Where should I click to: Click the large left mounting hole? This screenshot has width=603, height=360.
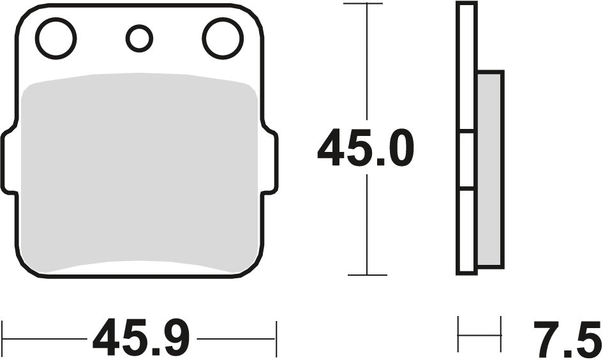56,38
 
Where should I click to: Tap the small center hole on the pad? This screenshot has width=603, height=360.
139,38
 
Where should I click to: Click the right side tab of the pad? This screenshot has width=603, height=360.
270,160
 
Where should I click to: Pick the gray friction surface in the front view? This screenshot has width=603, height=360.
139,172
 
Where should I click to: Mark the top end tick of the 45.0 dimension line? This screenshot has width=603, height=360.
363,4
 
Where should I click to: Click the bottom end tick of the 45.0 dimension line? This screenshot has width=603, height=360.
367,275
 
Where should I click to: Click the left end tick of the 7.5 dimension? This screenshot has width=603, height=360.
459,334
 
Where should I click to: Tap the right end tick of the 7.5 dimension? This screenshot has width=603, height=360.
501,334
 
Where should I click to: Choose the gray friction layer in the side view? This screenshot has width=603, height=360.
490,169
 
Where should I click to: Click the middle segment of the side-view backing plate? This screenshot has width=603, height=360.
466,160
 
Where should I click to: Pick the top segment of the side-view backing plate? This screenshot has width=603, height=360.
466,67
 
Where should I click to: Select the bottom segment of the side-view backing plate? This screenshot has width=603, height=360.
466,231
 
